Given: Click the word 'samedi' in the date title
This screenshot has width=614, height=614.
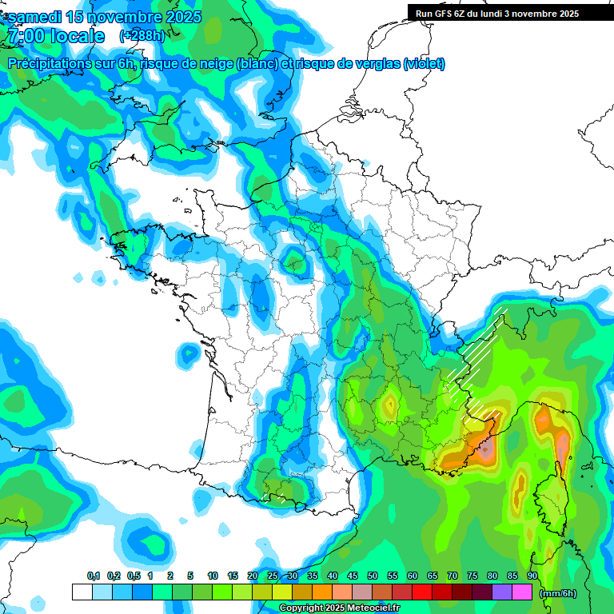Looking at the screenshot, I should (x=34, y=17).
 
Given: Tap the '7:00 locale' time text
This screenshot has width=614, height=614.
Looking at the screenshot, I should (x=55, y=36).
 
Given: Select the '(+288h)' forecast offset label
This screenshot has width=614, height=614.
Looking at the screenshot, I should (x=142, y=36).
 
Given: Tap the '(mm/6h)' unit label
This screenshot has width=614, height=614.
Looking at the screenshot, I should (x=557, y=592).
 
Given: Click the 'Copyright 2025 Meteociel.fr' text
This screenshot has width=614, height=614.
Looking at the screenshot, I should (x=339, y=608).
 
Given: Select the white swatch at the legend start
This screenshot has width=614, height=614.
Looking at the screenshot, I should (x=82, y=592).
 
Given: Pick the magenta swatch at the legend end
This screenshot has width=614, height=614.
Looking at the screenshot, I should (x=522, y=592).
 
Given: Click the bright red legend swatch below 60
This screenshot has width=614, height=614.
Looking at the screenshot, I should (x=422, y=592).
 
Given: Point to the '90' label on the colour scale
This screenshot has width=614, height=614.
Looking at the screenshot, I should (x=532, y=576).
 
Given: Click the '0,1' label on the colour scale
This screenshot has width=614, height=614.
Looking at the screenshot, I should (x=93, y=576).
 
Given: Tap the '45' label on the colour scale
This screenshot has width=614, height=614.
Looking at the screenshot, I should (x=352, y=576).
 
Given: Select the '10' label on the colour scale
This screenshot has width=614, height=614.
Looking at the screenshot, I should (x=212, y=576).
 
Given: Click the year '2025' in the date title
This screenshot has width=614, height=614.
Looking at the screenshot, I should (x=179, y=17).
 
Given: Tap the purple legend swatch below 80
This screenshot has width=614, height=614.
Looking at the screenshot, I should (x=502, y=592).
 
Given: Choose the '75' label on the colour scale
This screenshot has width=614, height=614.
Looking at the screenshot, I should (x=472, y=576).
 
